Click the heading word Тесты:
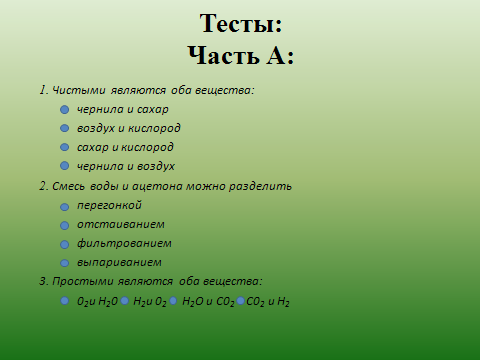(x=241, y=23)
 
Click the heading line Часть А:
(x=241, y=55)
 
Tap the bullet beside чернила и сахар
(x=65, y=109)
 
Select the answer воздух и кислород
(x=129, y=128)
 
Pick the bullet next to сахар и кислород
(x=65, y=147)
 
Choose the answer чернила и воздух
(x=126, y=166)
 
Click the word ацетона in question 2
(x=158, y=186)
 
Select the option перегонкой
(x=109, y=205)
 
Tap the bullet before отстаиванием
(x=65, y=226)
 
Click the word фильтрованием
(x=124, y=243)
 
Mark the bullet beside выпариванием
(x=65, y=263)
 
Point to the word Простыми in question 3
(x=83, y=281)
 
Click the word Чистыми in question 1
(x=79, y=90)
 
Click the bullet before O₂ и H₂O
(x=65, y=301)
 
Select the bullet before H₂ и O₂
(x=125, y=301)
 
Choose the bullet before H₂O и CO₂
(x=173, y=301)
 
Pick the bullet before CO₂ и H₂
(x=240, y=301)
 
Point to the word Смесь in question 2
(x=68, y=186)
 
